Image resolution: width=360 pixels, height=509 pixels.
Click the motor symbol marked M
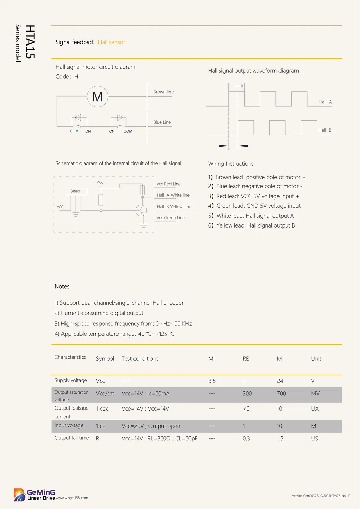pos(97,97)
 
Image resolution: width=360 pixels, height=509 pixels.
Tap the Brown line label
pos(163,92)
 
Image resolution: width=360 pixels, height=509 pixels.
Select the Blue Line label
pos(162,122)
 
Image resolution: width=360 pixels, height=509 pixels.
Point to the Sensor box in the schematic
pos(75,191)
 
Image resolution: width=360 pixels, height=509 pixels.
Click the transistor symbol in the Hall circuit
pos(141,211)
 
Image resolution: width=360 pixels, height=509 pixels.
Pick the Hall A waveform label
pos(325,102)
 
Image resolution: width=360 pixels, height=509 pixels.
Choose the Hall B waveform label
pos(325,130)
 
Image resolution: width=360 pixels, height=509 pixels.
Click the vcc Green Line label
pos(170,218)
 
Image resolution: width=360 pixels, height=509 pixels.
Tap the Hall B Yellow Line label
pos(174,207)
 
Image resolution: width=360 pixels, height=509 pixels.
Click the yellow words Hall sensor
pos(111,42)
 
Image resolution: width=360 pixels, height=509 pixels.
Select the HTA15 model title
pos(30,42)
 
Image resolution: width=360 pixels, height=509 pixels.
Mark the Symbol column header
pos(105,359)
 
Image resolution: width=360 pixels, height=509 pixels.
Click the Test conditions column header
pos(140,359)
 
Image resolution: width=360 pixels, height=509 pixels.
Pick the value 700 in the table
pos(281,394)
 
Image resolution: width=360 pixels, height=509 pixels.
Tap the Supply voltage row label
pos(71,381)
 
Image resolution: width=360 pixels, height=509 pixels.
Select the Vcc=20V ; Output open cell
pos(151,426)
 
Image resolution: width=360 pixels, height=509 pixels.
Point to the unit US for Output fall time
pos(314,439)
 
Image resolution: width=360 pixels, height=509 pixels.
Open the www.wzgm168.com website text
pos(72,498)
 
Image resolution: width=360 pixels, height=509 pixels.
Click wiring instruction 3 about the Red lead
pos(253,196)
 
